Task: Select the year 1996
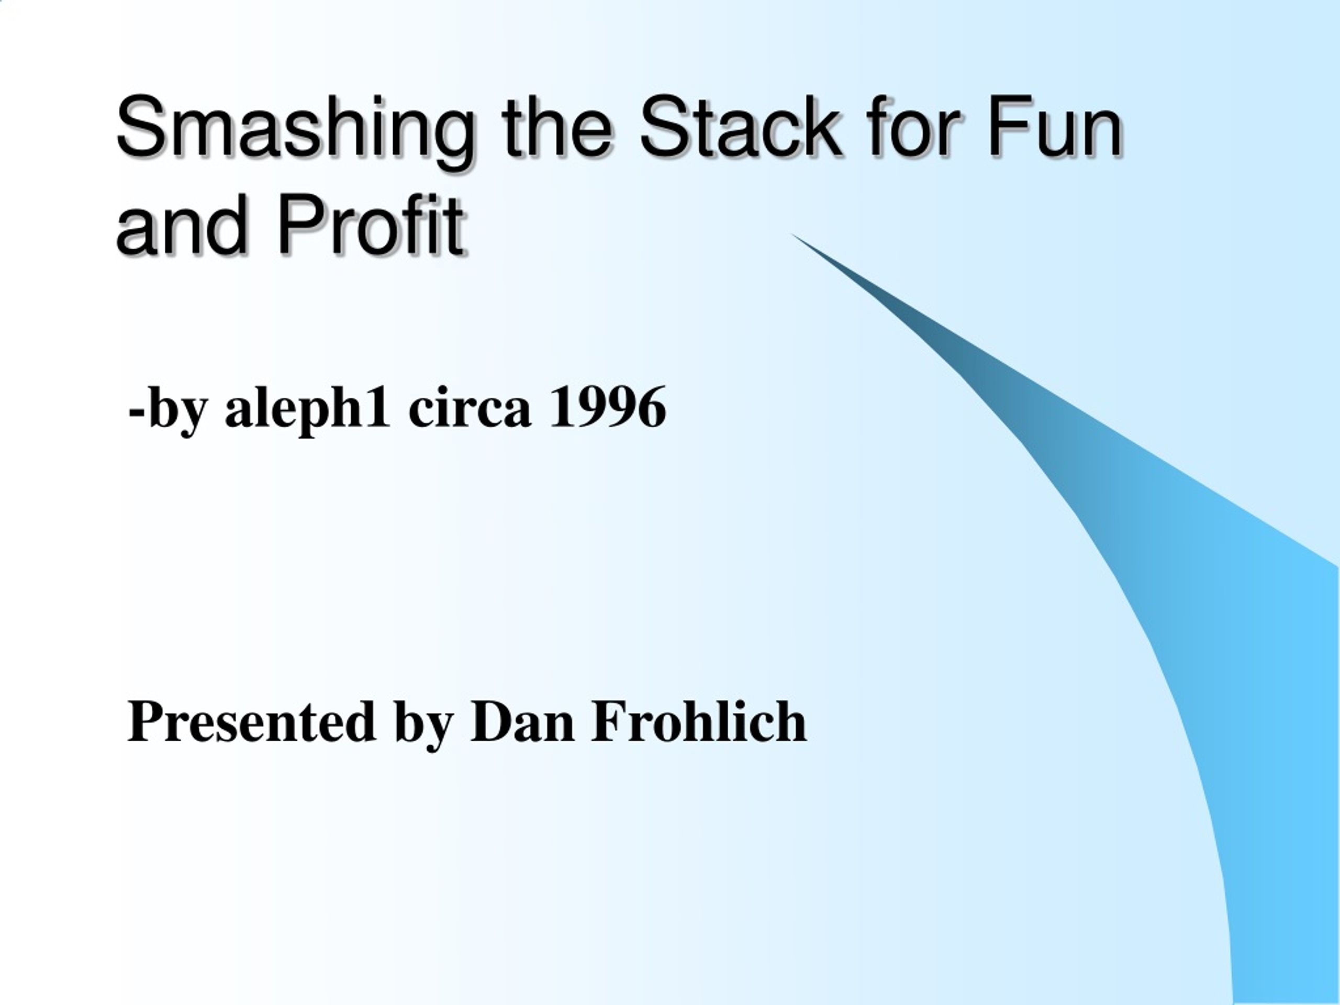[x=608, y=407]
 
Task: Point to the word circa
[x=470, y=408]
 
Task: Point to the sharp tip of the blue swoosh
[x=792, y=234]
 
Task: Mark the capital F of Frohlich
[x=612, y=720]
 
